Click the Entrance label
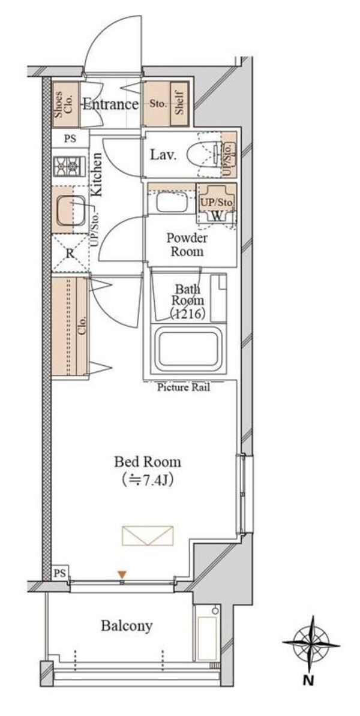110,104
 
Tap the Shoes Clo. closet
65,104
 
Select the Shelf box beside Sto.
179,104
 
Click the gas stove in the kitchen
69,166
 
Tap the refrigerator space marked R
70,253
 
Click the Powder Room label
187,245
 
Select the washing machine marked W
217,204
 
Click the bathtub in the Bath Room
187,350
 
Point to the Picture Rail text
184,388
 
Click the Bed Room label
147,462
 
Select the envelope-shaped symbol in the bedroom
148,535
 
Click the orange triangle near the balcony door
122,574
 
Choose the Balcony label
127,625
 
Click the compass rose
311,644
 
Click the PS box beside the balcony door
61,571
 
